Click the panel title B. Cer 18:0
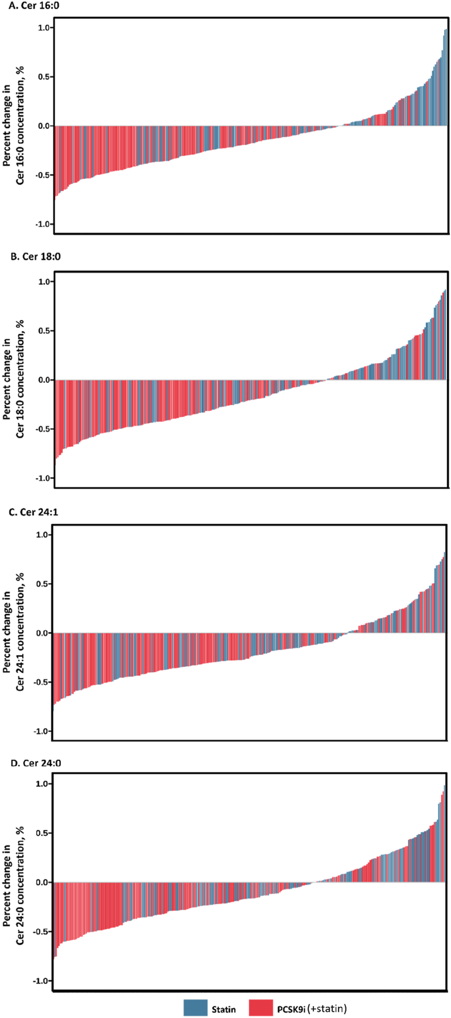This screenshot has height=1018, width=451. pyautogui.click(x=35, y=257)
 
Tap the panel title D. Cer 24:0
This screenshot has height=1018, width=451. pyautogui.click(x=35, y=763)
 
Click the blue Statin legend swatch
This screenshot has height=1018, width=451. pyautogui.click(x=195, y=1008)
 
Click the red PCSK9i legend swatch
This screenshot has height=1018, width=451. pyautogui.click(x=261, y=1008)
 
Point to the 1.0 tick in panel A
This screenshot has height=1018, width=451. pyautogui.click(x=44, y=28)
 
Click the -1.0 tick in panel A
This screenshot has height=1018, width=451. pyautogui.click(x=43, y=224)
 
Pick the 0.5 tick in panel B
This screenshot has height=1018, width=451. pyautogui.click(x=44, y=331)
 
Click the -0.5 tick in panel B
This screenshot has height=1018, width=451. pyautogui.click(x=43, y=429)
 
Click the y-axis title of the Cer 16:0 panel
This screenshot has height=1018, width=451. pyautogui.click(x=14, y=126)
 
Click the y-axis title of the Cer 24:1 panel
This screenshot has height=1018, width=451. pyautogui.click(x=14, y=632)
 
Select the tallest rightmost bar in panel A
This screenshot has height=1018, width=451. pyautogui.click(x=446, y=77)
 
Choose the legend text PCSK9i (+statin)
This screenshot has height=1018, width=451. pyautogui.click(x=312, y=1009)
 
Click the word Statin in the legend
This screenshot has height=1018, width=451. pyautogui.click(x=224, y=1009)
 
